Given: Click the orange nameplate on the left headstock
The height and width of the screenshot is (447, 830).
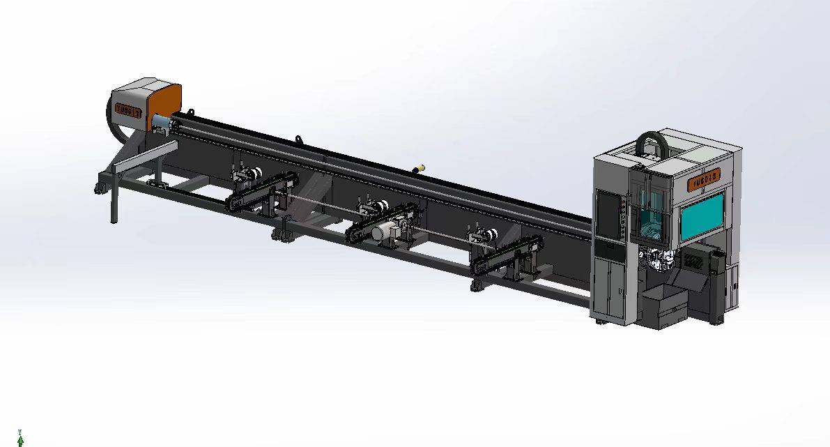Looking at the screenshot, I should coord(128,110).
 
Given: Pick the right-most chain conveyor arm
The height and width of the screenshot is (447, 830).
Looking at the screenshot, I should coord(507,254).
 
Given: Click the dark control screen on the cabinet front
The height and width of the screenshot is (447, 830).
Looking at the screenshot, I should coord(606,215).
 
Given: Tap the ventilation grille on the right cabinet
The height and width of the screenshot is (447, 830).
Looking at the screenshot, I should coord(695,262).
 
